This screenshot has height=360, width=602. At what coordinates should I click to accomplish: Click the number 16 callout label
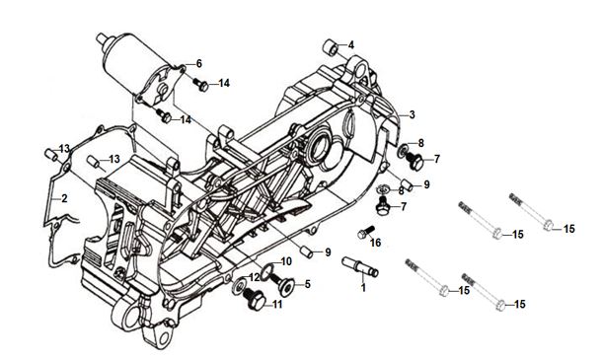coord(375,243)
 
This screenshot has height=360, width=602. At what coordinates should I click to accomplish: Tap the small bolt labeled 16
coord(365,232)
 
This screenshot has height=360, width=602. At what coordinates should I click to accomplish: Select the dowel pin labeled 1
coord(360,266)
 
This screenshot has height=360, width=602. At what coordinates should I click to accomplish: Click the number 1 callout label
coord(363,287)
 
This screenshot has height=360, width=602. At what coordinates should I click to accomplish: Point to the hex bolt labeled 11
coord(255,299)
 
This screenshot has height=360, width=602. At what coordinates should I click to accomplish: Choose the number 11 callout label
coord(277,305)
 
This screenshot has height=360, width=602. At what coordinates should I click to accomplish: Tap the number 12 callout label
coord(255,277)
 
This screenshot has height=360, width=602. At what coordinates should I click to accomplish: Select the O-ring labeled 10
coord(266,271)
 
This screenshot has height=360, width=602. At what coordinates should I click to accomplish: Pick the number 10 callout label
coord(286,261)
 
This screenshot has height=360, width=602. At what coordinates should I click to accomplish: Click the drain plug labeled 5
coord(284,284)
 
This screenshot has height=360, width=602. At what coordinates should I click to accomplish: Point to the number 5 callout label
coord(308,284)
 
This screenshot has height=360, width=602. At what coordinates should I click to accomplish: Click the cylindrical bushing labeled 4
coord(331,48)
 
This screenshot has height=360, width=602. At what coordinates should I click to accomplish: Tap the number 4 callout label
coord(351,45)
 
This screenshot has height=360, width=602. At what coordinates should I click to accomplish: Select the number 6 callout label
coord(198,63)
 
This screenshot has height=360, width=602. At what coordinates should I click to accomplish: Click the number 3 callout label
coord(412,114)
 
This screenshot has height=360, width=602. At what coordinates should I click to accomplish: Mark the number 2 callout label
coord(64,198)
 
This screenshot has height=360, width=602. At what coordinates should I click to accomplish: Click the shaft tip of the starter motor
coord(101,38)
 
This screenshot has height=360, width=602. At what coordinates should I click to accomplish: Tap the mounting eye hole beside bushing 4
coord(360,71)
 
